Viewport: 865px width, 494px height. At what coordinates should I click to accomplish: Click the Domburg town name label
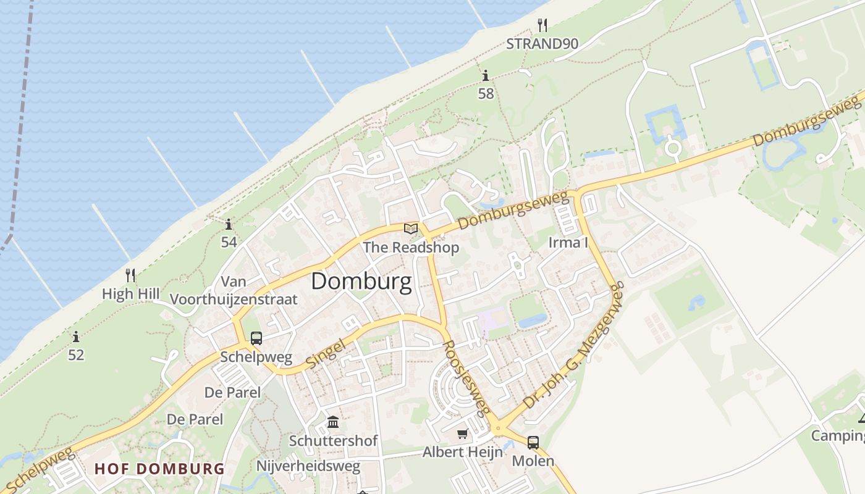(361, 282)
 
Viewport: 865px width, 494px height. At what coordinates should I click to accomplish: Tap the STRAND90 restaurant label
(542, 44)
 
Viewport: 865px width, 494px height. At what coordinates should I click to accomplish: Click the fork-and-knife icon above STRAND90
(542, 25)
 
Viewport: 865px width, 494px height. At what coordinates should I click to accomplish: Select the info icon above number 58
(486, 76)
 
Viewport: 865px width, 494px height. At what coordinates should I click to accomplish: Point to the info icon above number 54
(229, 224)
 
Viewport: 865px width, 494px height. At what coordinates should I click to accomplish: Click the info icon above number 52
(76, 337)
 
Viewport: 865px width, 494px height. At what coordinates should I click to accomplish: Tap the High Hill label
(130, 294)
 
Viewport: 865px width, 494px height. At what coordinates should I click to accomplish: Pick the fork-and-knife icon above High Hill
(130, 275)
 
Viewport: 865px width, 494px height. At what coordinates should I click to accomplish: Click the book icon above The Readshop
(411, 229)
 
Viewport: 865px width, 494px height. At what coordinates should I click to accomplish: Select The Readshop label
(411, 248)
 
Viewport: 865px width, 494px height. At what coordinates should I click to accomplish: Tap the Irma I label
(568, 242)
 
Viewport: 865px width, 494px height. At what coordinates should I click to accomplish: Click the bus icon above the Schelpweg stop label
(256, 338)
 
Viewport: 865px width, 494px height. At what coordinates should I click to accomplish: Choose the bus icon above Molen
(533, 442)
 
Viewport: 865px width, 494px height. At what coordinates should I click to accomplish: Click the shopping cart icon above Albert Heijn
(462, 433)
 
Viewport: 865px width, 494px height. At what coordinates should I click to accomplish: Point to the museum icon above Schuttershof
(333, 422)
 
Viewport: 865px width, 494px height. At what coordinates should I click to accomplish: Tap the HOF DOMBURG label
(159, 469)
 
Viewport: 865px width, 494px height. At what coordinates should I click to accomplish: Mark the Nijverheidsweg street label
(308, 466)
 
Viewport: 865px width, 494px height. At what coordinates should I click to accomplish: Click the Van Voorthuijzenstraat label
(234, 291)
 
